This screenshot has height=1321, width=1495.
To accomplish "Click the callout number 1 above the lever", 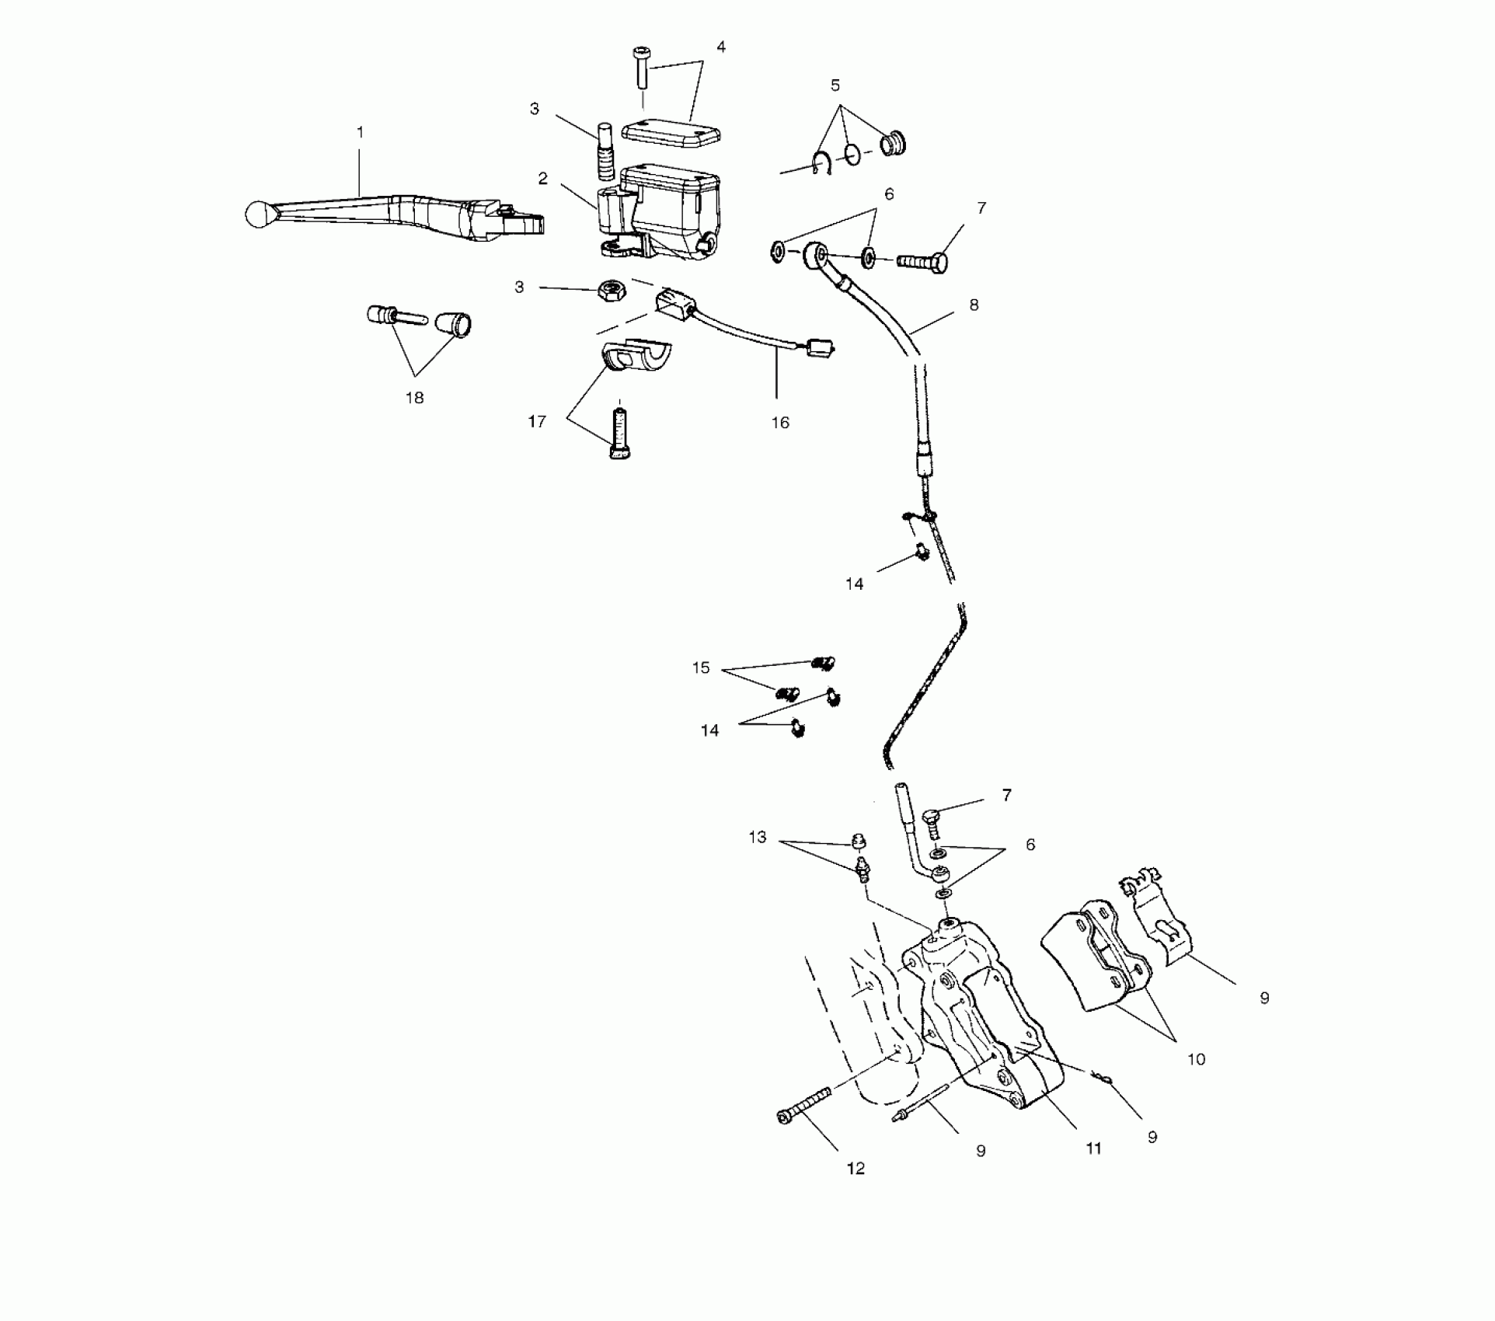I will pos(360,133).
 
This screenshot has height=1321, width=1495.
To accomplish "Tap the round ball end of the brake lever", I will pos(256,214).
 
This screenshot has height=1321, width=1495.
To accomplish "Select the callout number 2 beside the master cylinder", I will pos(543,179).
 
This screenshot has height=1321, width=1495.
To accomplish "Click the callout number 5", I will pos(835,85).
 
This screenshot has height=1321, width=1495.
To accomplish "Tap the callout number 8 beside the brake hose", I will pos(974,305).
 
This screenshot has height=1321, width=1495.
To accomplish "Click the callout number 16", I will pos(780,422).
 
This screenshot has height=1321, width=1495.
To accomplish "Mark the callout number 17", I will pos(537,422).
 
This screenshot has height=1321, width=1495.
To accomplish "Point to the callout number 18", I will pos(415,398).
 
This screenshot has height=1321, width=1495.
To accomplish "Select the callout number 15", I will pos(701,667).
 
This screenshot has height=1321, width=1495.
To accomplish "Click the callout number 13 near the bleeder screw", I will pos(758,837).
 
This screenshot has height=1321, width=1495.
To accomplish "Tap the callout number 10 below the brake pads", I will pos(1196,1059).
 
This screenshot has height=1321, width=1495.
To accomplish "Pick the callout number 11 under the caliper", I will pos(1093,1148).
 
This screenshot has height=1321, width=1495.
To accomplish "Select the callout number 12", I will pos(855,1169).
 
